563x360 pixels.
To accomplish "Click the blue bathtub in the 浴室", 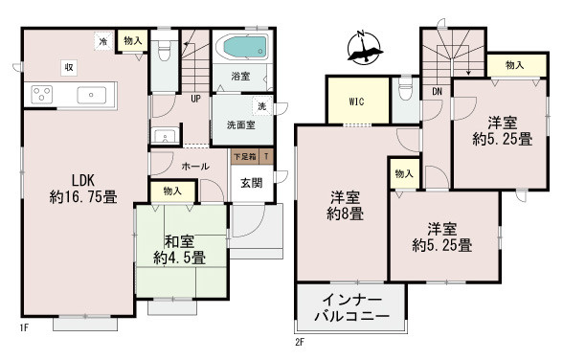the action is pyautogui.click(x=245, y=47).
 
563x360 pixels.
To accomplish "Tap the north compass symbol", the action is pyautogui.click(x=364, y=49).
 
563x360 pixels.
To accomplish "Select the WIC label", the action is pyautogui.click(x=356, y=101).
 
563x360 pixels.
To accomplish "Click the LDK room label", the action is pyautogui.click(x=83, y=180).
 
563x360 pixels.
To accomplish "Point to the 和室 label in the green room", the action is pyautogui.click(x=179, y=241).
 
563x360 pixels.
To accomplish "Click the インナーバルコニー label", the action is pyautogui.click(x=352, y=308).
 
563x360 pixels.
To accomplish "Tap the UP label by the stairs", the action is pyautogui.click(x=195, y=99).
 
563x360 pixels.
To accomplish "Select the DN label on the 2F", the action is pyautogui.click(x=437, y=92).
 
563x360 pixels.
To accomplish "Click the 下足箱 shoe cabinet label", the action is pyautogui.click(x=245, y=157).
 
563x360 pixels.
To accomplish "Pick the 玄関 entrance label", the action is pyautogui.click(x=251, y=183).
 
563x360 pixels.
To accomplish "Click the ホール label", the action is pyautogui.click(x=195, y=167).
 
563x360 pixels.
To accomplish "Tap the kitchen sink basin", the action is pyautogui.click(x=92, y=95).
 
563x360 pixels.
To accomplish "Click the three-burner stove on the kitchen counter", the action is pyautogui.click(x=42, y=95).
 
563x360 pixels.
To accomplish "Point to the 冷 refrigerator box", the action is pyautogui.click(x=103, y=41).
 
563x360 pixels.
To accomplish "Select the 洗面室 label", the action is pyautogui.click(x=241, y=124).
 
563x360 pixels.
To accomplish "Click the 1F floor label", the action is pyautogui.click(x=24, y=327).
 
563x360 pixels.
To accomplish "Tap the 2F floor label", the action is pyautogui.click(x=300, y=342).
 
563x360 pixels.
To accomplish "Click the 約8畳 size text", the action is pyautogui.click(x=345, y=214).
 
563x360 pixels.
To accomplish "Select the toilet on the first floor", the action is pyautogui.click(x=165, y=51).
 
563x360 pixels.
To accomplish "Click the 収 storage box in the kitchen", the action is pyautogui.click(x=69, y=67).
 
